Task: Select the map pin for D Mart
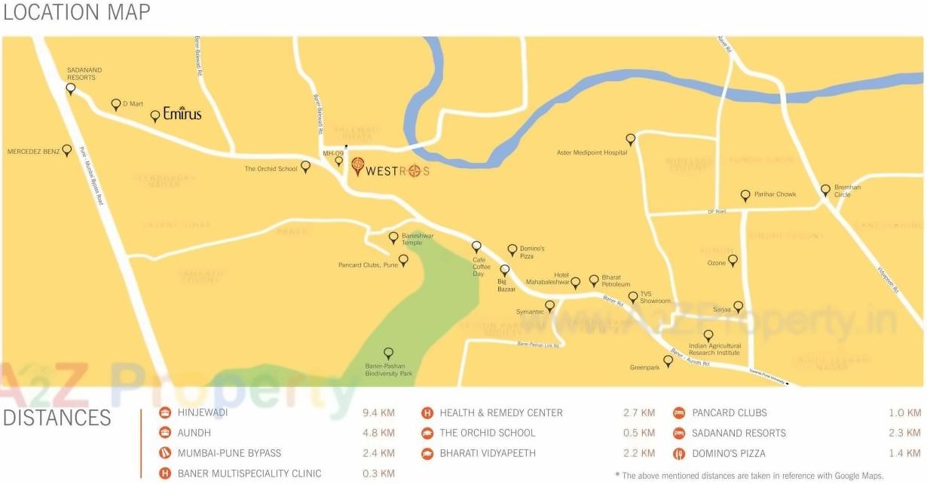(116, 105)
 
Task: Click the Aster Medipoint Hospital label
(592, 152)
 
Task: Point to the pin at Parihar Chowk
(745, 196)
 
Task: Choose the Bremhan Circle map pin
(825, 191)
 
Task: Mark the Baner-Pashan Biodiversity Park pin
(389, 353)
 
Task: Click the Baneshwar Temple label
(418, 239)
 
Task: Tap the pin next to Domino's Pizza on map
(512, 250)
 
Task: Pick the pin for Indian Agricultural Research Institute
(708, 335)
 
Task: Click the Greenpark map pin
(668, 361)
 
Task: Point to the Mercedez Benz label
(33, 152)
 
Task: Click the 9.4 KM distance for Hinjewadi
(378, 413)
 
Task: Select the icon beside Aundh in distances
(165, 433)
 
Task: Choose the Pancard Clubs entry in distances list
(729, 413)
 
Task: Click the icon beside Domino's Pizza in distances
(678, 454)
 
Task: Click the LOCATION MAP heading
(76, 13)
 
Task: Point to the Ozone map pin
(733, 260)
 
